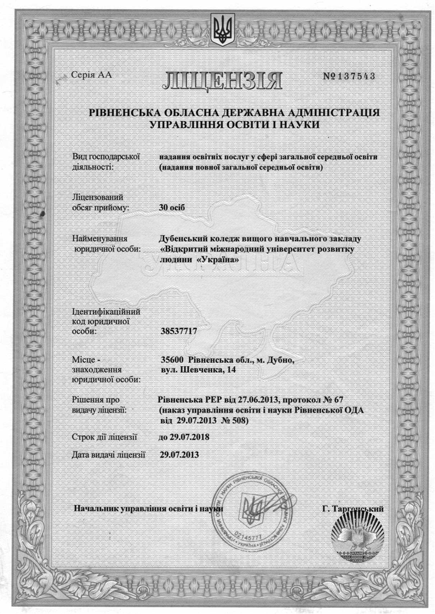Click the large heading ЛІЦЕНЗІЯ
tap(222, 80)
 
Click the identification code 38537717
tap(179, 332)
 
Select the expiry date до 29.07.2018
tap(184, 437)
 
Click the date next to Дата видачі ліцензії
tap(180, 454)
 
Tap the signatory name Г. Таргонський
tap(353, 508)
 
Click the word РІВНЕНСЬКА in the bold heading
tap(125, 113)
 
